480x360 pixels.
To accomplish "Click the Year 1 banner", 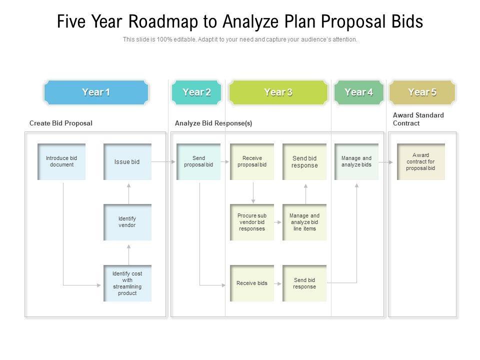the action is coord(96,92).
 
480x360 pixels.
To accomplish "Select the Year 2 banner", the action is coord(196,92).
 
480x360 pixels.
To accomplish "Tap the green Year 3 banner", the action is coord(278,92).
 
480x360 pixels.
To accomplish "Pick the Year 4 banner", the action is coord(358,92).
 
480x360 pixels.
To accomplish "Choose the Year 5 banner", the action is coord(422,92).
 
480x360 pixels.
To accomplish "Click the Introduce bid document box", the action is coord(61,161).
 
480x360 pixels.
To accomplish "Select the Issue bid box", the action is coord(127,161).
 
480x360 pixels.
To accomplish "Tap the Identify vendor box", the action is coord(127,222).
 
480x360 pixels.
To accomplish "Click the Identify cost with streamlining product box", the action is coord(127,283).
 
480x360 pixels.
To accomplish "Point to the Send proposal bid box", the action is coord(198,161).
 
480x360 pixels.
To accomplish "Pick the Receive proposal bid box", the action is coord(252,161).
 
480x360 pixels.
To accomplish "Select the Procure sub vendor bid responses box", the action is coord(252,222).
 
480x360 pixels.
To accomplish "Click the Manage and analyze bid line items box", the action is coord(304,222).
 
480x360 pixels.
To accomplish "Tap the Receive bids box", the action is coord(252,283).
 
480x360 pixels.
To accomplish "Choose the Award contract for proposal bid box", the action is coord(421,161).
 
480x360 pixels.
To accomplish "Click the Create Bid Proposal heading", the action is coord(61,123).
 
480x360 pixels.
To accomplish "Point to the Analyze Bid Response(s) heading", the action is coord(213,123).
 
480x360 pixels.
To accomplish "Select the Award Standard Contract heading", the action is coord(418,119).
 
